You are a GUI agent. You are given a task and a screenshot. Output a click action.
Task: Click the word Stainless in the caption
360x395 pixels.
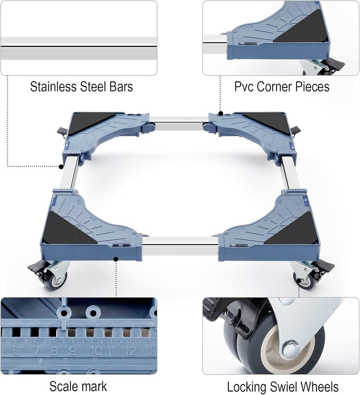[x=53, y=87]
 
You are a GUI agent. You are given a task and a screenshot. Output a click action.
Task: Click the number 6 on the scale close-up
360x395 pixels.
[x=16, y=351]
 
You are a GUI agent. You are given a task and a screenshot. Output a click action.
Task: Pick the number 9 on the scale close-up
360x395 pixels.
[x=73, y=351]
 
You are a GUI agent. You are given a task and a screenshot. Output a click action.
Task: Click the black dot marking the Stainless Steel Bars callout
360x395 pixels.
[x=61, y=167]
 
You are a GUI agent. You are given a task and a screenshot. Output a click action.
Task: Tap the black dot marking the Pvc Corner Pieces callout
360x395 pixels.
[x=221, y=113]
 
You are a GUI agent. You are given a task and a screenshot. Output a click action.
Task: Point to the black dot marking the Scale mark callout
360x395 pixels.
[x=116, y=259]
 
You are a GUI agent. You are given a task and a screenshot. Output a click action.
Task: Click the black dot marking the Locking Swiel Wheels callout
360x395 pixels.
[x=299, y=280]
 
